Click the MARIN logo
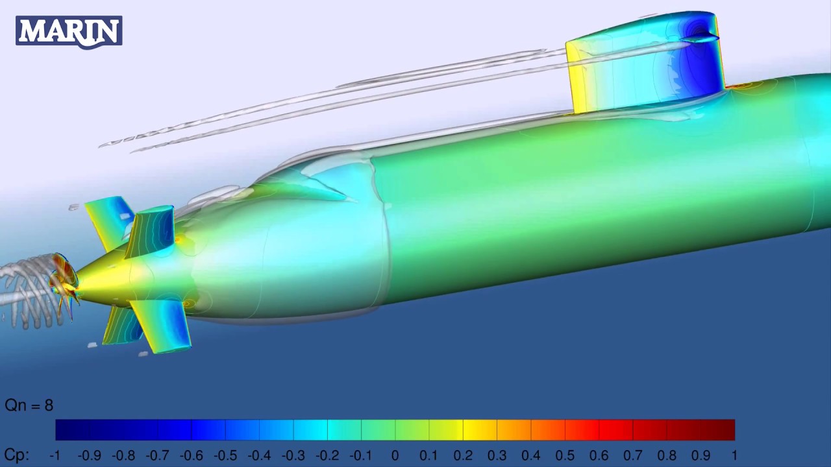69,31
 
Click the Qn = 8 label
29,405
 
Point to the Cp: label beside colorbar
17,455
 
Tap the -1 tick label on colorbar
55,455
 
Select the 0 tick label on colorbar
395,455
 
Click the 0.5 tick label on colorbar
565,455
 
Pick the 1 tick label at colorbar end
734,455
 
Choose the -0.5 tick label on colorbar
225,455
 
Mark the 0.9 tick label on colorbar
701,455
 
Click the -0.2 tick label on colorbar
327,455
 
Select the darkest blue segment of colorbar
72,430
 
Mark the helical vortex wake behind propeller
26,289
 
